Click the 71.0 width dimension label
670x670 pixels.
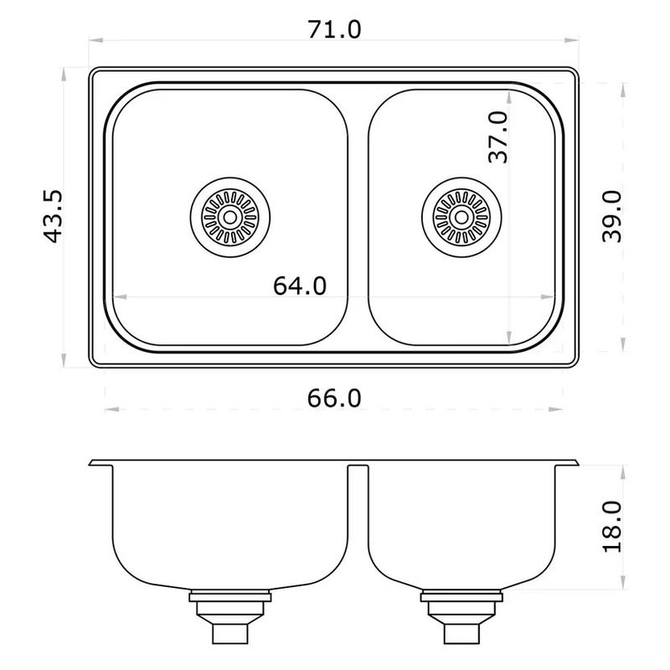334,29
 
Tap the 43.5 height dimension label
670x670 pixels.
54,217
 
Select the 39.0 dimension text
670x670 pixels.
611,217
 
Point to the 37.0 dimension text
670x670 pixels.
498,137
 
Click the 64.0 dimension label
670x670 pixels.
300,286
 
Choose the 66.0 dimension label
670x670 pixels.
334,399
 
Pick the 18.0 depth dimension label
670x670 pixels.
612,527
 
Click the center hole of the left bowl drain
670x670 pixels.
229,217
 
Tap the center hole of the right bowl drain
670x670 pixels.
461,217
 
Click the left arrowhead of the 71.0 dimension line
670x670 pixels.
95,40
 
